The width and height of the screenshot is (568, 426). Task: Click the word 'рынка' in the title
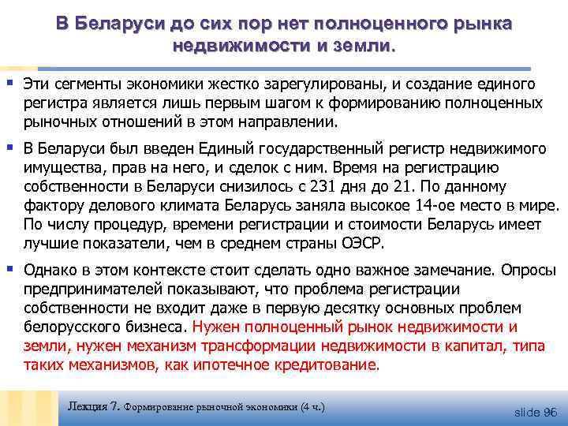[x=483, y=23]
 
